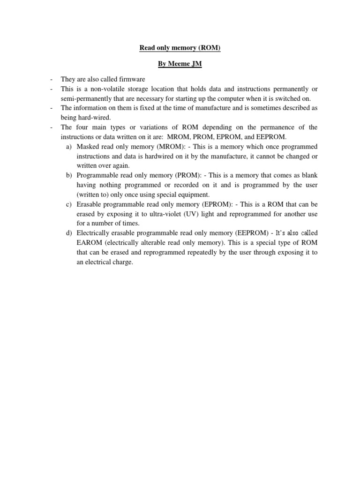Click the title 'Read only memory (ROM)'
pos(180,47)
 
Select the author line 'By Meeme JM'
pos(180,64)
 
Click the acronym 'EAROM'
pos(89,243)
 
